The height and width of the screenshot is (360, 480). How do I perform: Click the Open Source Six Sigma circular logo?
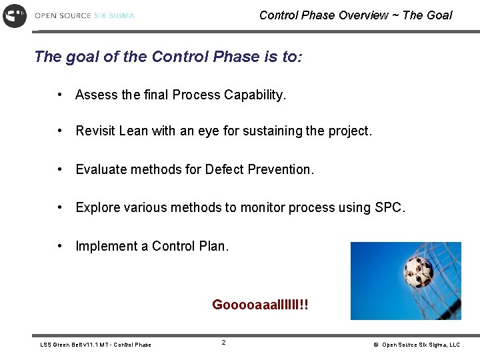[x=15, y=15]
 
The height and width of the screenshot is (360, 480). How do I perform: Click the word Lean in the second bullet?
[x=133, y=131]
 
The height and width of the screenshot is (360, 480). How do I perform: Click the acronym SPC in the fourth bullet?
[x=389, y=208]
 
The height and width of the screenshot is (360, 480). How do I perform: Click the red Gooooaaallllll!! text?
[x=260, y=305]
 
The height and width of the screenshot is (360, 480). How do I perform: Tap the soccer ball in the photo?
[x=419, y=271]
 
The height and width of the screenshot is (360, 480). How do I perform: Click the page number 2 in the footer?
[x=223, y=343]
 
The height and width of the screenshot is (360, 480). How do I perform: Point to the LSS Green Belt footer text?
[x=95, y=345]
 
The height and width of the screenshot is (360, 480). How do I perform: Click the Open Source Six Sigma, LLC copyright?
[x=417, y=345]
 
